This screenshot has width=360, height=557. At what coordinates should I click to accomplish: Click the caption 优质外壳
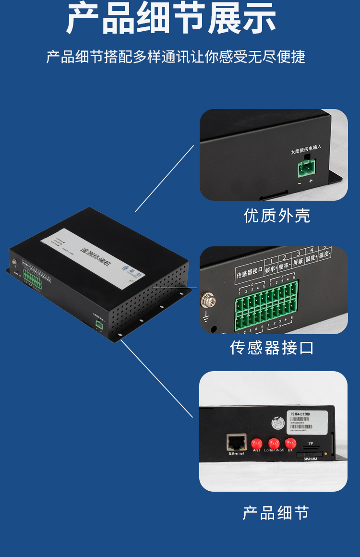tap(277, 216)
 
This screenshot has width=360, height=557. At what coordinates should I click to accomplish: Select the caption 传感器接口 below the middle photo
tap(272, 347)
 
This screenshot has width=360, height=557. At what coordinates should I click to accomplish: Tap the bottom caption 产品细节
tap(276, 513)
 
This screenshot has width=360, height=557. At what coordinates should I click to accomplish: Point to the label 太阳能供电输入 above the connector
tap(306, 151)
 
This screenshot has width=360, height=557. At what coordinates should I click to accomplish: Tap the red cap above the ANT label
tap(257, 443)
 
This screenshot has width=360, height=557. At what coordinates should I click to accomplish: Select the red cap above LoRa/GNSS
tap(274, 443)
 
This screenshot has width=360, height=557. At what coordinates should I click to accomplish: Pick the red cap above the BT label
tap(290, 443)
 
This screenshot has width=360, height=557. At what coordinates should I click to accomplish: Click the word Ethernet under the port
tap(237, 453)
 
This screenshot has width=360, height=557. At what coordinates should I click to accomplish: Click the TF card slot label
tap(311, 444)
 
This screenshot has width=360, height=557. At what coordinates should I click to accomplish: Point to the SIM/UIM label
tap(310, 459)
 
